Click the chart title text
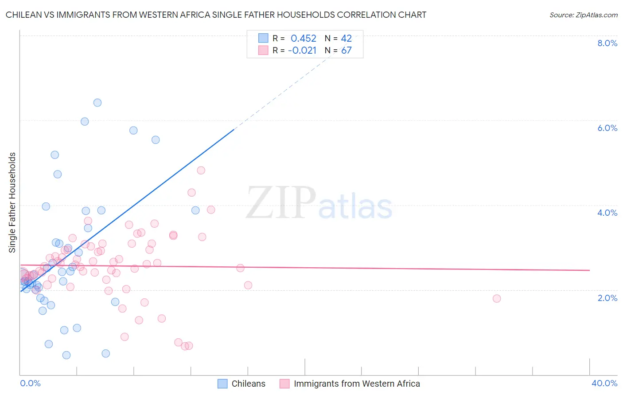(216, 15)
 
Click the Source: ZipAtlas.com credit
(583, 15)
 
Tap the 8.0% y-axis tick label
(607, 43)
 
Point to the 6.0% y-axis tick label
(607, 128)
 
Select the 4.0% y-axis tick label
(607, 213)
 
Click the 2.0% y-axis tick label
(607, 297)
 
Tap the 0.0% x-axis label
(30, 383)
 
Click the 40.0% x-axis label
(604, 383)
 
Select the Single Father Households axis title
(12, 202)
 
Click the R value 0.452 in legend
(303, 39)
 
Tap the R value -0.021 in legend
(302, 51)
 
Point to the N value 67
(346, 51)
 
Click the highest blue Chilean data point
(97, 103)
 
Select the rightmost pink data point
(497, 298)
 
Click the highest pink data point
(201, 170)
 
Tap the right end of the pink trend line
(589, 270)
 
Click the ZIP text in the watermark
(281, 203)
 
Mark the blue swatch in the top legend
(263, 38)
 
